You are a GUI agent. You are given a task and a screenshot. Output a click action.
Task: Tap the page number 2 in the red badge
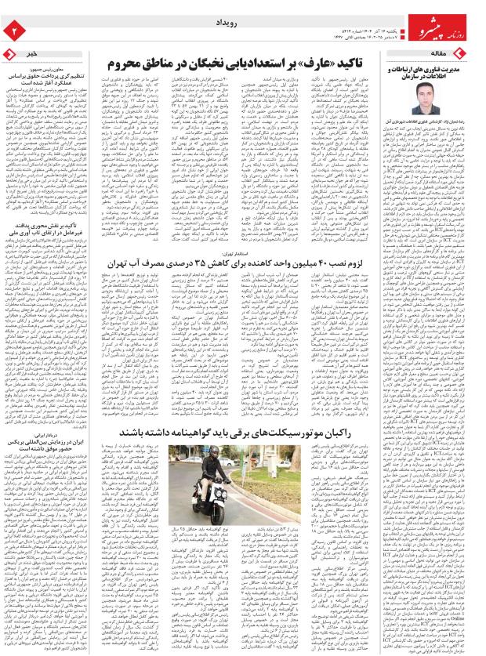click(x=13, y=29)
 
